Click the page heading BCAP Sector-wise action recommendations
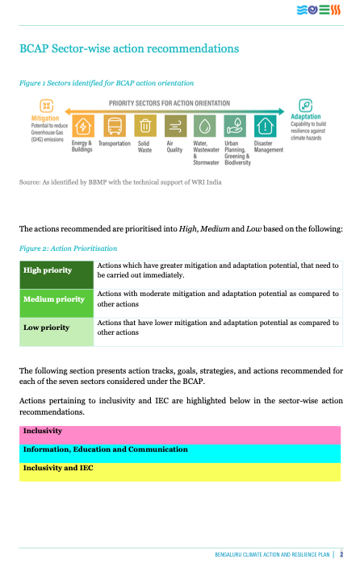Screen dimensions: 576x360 pyautogui.click(x=128, y=48)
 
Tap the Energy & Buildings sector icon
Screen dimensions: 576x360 pyautogui.click(x=83, y=127)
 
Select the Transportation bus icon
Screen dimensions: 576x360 pyautogui.click(x=115, y=127)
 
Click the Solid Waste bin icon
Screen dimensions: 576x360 pyautogui.click(x=145, y=127)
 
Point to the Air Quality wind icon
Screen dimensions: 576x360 pyautogui.click(x=174, y=127)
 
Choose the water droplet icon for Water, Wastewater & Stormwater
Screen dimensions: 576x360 pyautogui.click(x=204, y=127)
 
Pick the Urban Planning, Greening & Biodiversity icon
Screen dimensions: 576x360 pyautogui.click(x=235, y=127)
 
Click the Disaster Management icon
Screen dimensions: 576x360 pyautogui.click(x=265, y=127)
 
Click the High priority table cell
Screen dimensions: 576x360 pyautogui.click(x=56, y=271)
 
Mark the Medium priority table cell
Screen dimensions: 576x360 pyautogui.click(x=56, y=299)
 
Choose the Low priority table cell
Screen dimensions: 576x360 pyautogui.click(x=56, y=328)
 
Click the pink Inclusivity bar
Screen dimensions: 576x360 pyautogui.click(x=180, y=432)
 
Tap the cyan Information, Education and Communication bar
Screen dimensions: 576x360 pyautogui.click(x=180, y=449)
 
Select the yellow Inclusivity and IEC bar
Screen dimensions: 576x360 pyautogui.click(x=180, y=468)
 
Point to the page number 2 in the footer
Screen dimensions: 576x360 pyautogui.click(x=342, y=555)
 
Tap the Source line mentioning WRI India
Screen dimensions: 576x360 pyautogui.click(x=120, y=182)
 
